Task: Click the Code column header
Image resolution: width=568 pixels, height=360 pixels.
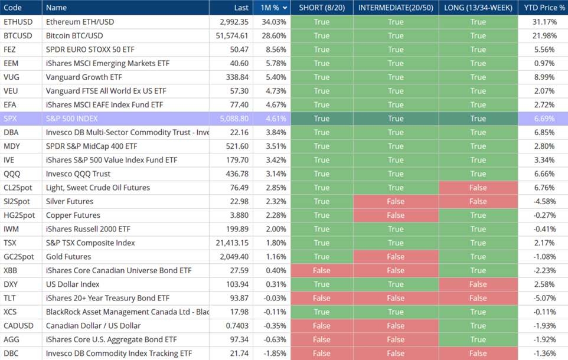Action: [13, 8]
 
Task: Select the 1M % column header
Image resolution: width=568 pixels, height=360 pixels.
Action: [270, 8]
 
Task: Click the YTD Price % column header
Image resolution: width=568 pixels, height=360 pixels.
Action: [544, 8]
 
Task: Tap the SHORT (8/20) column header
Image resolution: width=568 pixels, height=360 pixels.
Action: [322, 8]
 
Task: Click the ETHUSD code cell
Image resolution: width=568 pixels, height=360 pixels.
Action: [17, 22]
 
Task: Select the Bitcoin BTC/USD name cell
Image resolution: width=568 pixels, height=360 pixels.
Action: [74, 35]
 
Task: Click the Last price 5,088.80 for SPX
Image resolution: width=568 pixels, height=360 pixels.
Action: [234, 119]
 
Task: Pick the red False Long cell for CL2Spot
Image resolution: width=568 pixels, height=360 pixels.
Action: [478, 188]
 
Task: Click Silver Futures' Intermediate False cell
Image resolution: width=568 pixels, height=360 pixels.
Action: [396, 201]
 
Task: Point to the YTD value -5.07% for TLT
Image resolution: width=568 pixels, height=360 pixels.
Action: [543, 298]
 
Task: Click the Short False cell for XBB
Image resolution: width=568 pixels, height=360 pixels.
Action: [322, 270]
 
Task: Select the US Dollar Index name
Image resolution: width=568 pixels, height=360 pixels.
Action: [71, 284]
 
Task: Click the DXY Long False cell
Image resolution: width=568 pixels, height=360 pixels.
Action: [478, 284]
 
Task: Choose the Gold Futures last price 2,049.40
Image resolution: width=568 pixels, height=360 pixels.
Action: [234, 257]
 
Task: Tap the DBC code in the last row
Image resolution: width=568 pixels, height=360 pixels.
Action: [12, 354]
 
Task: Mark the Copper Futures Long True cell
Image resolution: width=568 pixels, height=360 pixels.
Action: [478, 215]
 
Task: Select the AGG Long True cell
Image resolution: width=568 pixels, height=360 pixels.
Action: [478, 339]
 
